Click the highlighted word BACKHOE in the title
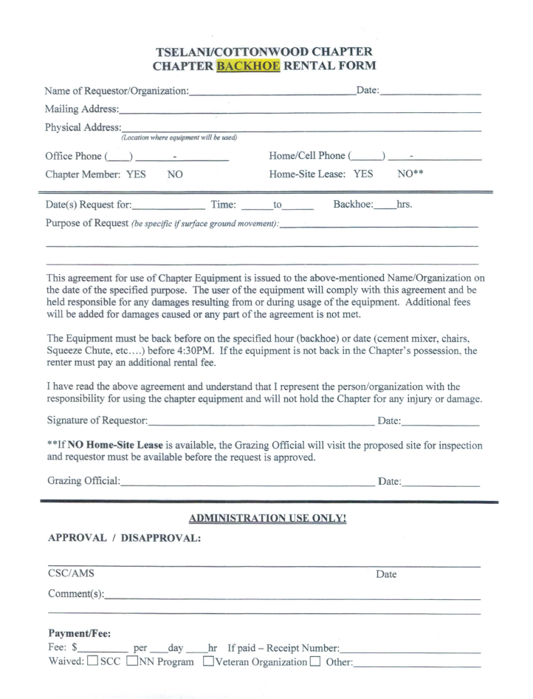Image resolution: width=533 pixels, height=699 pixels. [248, 65]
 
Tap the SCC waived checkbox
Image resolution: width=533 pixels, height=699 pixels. [92, 661]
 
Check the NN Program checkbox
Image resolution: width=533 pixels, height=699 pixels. [133, 661]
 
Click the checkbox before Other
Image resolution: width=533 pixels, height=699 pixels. [315, 661]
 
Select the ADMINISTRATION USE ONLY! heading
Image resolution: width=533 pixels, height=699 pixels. [268, 519]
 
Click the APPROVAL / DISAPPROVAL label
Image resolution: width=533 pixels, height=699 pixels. [124, 538]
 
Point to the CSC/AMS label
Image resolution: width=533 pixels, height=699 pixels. [71, 573]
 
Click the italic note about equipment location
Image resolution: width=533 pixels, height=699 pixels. [179, 137]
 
